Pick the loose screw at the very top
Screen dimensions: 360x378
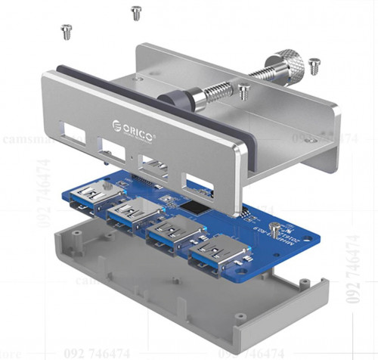136,12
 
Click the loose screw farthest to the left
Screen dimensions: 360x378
66,31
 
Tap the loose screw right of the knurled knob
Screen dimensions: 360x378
313,64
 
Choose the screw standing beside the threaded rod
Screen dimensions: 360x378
243,92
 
